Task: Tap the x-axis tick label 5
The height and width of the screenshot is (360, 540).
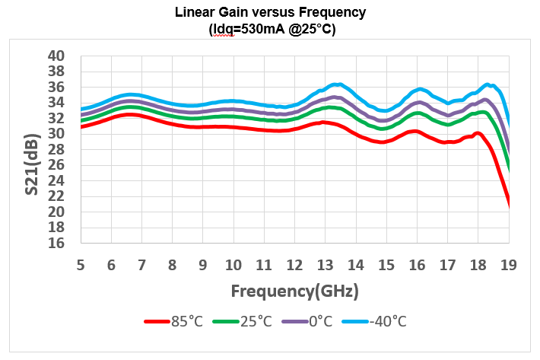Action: [x=81, y=266]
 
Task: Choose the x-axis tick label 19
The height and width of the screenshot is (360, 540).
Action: [x=509, y=266]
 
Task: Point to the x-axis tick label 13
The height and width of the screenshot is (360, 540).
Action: [x=326, y=266]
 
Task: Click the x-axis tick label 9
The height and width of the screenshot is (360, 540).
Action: [x=203, y=266]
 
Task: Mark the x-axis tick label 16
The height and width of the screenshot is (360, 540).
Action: [x=417, y=266]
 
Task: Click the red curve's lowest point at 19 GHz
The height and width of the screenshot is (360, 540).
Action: [x=508, y=202]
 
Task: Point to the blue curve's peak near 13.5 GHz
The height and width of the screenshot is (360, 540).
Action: [x=337, y=84]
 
